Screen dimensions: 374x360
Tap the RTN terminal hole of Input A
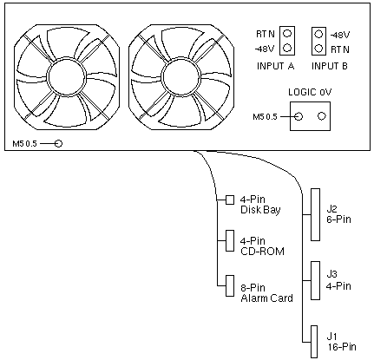pyautogui.click(x=287, y=34)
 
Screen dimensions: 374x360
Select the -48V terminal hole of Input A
pyautogui.click(x=287, y=48)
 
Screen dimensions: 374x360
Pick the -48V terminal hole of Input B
pyautogui.click(x=318, y=34)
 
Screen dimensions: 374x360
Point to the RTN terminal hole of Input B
pyautogui.click(x=318, y=48)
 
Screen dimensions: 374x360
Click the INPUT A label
pyautogui.click(x=275, y=66)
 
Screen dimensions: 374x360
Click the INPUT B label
pyautogui.click(x=330, y=66)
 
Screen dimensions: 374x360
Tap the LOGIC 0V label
pyautogui.click(x=310, y=92)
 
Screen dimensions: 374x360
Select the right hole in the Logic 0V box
pyautogui.click(x=322, y=116)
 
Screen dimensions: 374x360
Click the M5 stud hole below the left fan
pyautogui.click(x=58, y=143)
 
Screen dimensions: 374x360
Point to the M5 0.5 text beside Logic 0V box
pyautogui.click(x=265, y=117)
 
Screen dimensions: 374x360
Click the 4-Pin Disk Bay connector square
pyautogui.click(x=230, y=200)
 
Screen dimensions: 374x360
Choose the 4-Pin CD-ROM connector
pyautogui.click(x=230, y=240)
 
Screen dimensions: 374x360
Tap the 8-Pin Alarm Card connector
pyautogui.click(x=230, y=285)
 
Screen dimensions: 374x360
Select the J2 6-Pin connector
pyautogui.click(x=315, y=214)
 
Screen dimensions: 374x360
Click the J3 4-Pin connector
pyautogui.click(x=315, y=280)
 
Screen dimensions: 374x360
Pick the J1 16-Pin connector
pyautogui.click(x=314, y=342)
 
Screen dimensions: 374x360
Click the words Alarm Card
pyautogui.click(x=266, y=298)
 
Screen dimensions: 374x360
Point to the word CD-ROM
pyautogui.click(x=262, y=251)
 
